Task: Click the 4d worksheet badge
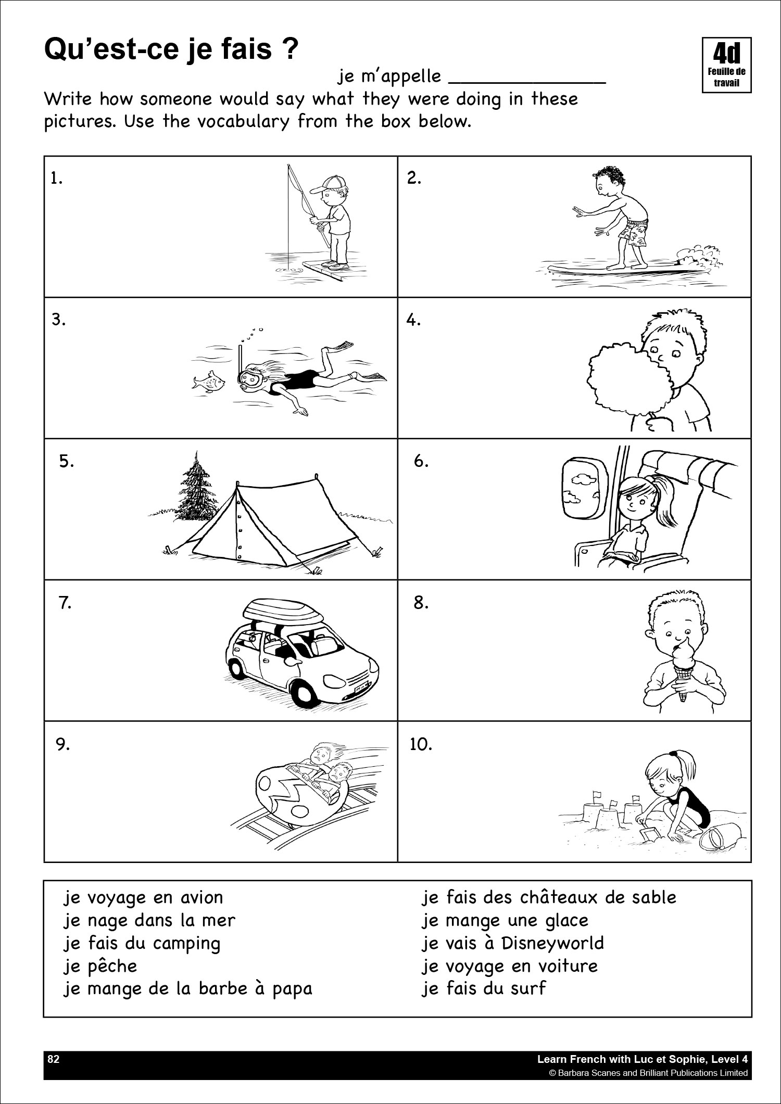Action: pos(726,65)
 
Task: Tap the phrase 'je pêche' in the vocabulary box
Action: pos(100,966)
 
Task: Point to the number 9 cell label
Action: pos(62,745)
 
